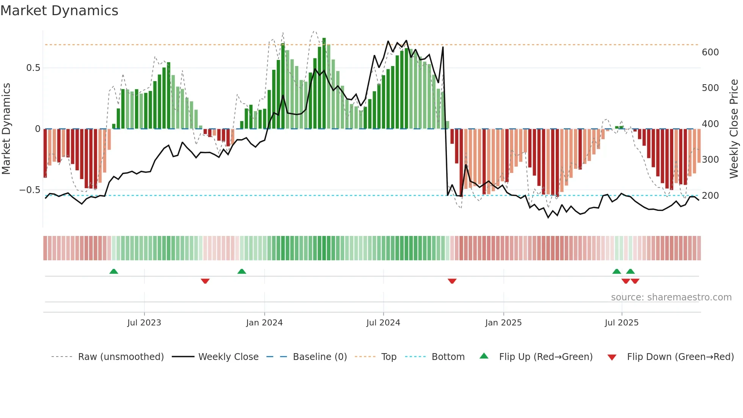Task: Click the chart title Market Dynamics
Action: click(x=60, y=11)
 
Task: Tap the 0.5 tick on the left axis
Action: click(x=33, y=68)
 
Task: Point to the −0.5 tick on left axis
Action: click(x=30, y=190)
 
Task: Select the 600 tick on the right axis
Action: click(x=710, y=52)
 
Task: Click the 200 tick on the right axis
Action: click(x=710, y=196)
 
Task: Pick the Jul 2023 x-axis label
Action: click(x=144, y=323)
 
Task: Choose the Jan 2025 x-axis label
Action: click(x=503, y=323)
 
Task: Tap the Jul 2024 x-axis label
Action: click(x=383, y=323)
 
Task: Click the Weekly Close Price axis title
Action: click(x=734, y=129)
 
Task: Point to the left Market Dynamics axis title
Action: click(x=6, y=129)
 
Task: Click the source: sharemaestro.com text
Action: click(x=671, y=297)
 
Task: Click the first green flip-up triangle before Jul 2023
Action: click(x=114, y=271)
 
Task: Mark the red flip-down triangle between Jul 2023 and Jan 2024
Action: click(x=205, y=281)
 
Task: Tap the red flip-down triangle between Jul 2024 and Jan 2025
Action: click(x=452, y=281)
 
